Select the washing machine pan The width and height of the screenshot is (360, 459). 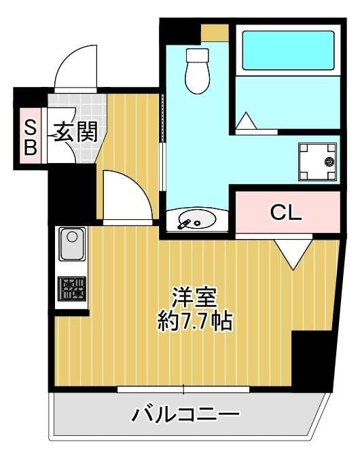tap(318, 162)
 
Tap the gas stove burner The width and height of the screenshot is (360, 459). tap(71, 289)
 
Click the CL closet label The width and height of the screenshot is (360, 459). tap(286, 213)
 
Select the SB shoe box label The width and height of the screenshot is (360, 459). tap(30, 138)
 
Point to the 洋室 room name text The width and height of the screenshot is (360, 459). tap(194, 297)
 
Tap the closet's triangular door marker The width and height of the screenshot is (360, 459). tap(293, 254)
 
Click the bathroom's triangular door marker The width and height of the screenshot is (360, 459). tap(245, 122)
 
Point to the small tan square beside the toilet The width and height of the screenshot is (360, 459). tap(214, 33)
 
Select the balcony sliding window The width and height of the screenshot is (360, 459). tap(183, 389)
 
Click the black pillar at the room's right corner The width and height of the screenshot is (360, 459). tap(312, 360)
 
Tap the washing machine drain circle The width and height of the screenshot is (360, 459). tap(329, 162)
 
